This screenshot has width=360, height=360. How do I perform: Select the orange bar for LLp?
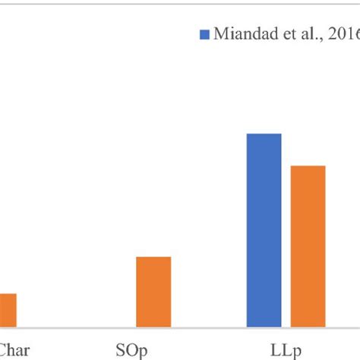coord(308,247)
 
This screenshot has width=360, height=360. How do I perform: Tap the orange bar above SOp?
coord(153,292)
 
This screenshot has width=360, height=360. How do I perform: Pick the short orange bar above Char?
coord(8,311)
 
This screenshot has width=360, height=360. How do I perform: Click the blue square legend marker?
coord(204,33)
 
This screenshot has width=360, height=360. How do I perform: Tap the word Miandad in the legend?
coord(243,33)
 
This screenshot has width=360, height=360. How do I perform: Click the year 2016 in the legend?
coord(346,33)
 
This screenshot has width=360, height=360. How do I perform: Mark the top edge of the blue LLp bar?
coord(264,134)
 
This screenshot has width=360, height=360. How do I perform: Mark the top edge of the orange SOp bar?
coord(153,257)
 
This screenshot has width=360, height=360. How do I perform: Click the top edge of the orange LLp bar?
coord(308,166)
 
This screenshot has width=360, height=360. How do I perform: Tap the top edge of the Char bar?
coord(8,294)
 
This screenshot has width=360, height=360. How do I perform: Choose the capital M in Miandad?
coord(219,33)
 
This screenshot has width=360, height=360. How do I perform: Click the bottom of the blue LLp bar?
coord(264,327)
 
